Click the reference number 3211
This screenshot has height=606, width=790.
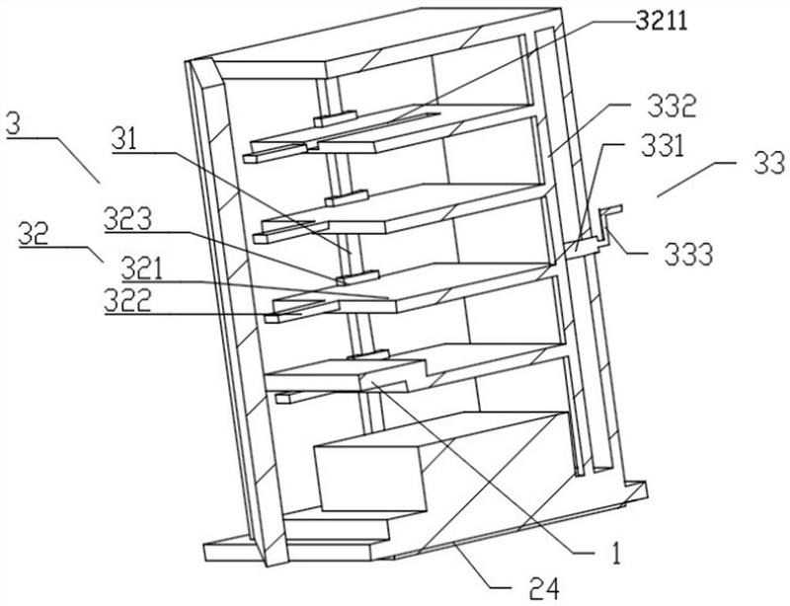661,22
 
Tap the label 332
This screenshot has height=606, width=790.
671,107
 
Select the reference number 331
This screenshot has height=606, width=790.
662,147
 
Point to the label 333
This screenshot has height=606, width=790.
688,255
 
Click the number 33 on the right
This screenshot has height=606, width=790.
769,164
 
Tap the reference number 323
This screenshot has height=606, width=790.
127,220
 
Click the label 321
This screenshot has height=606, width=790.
142,269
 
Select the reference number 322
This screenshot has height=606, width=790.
127,301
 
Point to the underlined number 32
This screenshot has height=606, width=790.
34,234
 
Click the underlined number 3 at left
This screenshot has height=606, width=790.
14,124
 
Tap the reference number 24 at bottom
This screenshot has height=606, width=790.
545,589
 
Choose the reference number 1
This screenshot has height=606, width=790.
615,553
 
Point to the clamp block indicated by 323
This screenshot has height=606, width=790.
357,277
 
